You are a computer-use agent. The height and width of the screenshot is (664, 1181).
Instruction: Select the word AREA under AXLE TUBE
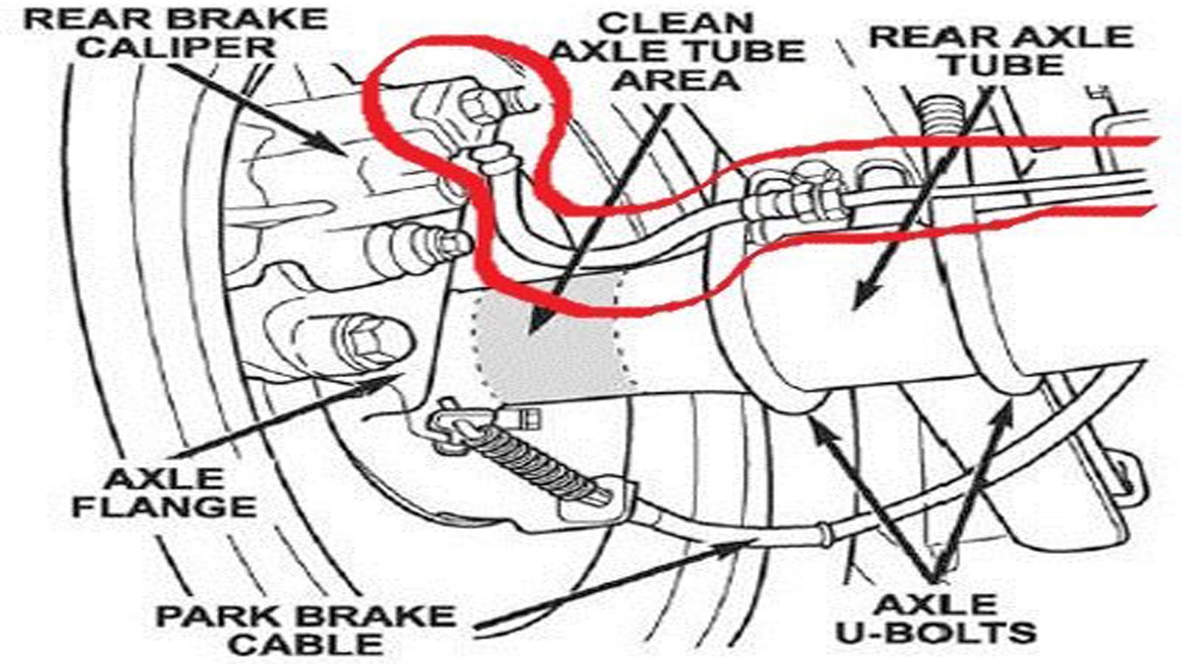coord(676,79)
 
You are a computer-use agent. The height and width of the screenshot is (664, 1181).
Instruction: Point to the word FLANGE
coord(167,507)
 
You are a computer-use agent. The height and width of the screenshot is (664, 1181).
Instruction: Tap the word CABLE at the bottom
coord(306,644)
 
